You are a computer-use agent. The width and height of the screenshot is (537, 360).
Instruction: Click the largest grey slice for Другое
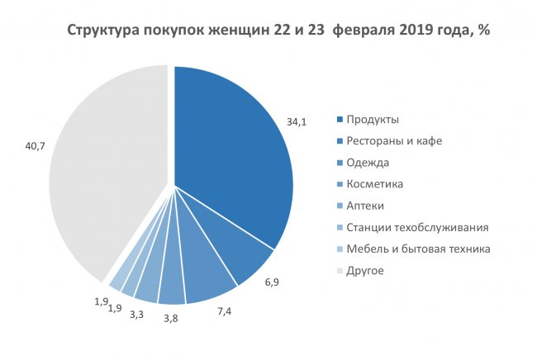pos(99,165)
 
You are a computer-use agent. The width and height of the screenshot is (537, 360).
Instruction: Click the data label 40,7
pos(36,147)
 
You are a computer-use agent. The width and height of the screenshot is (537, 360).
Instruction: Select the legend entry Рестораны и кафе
pos(395,140)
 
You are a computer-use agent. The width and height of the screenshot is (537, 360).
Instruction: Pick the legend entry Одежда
pos(368,162)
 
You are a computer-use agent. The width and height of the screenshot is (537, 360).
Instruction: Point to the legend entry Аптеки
pos(366,205)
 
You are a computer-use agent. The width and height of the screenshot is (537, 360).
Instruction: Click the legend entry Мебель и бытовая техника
pos(419,248)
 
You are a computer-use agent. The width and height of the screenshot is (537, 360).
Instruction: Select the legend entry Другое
pos(366,269)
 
